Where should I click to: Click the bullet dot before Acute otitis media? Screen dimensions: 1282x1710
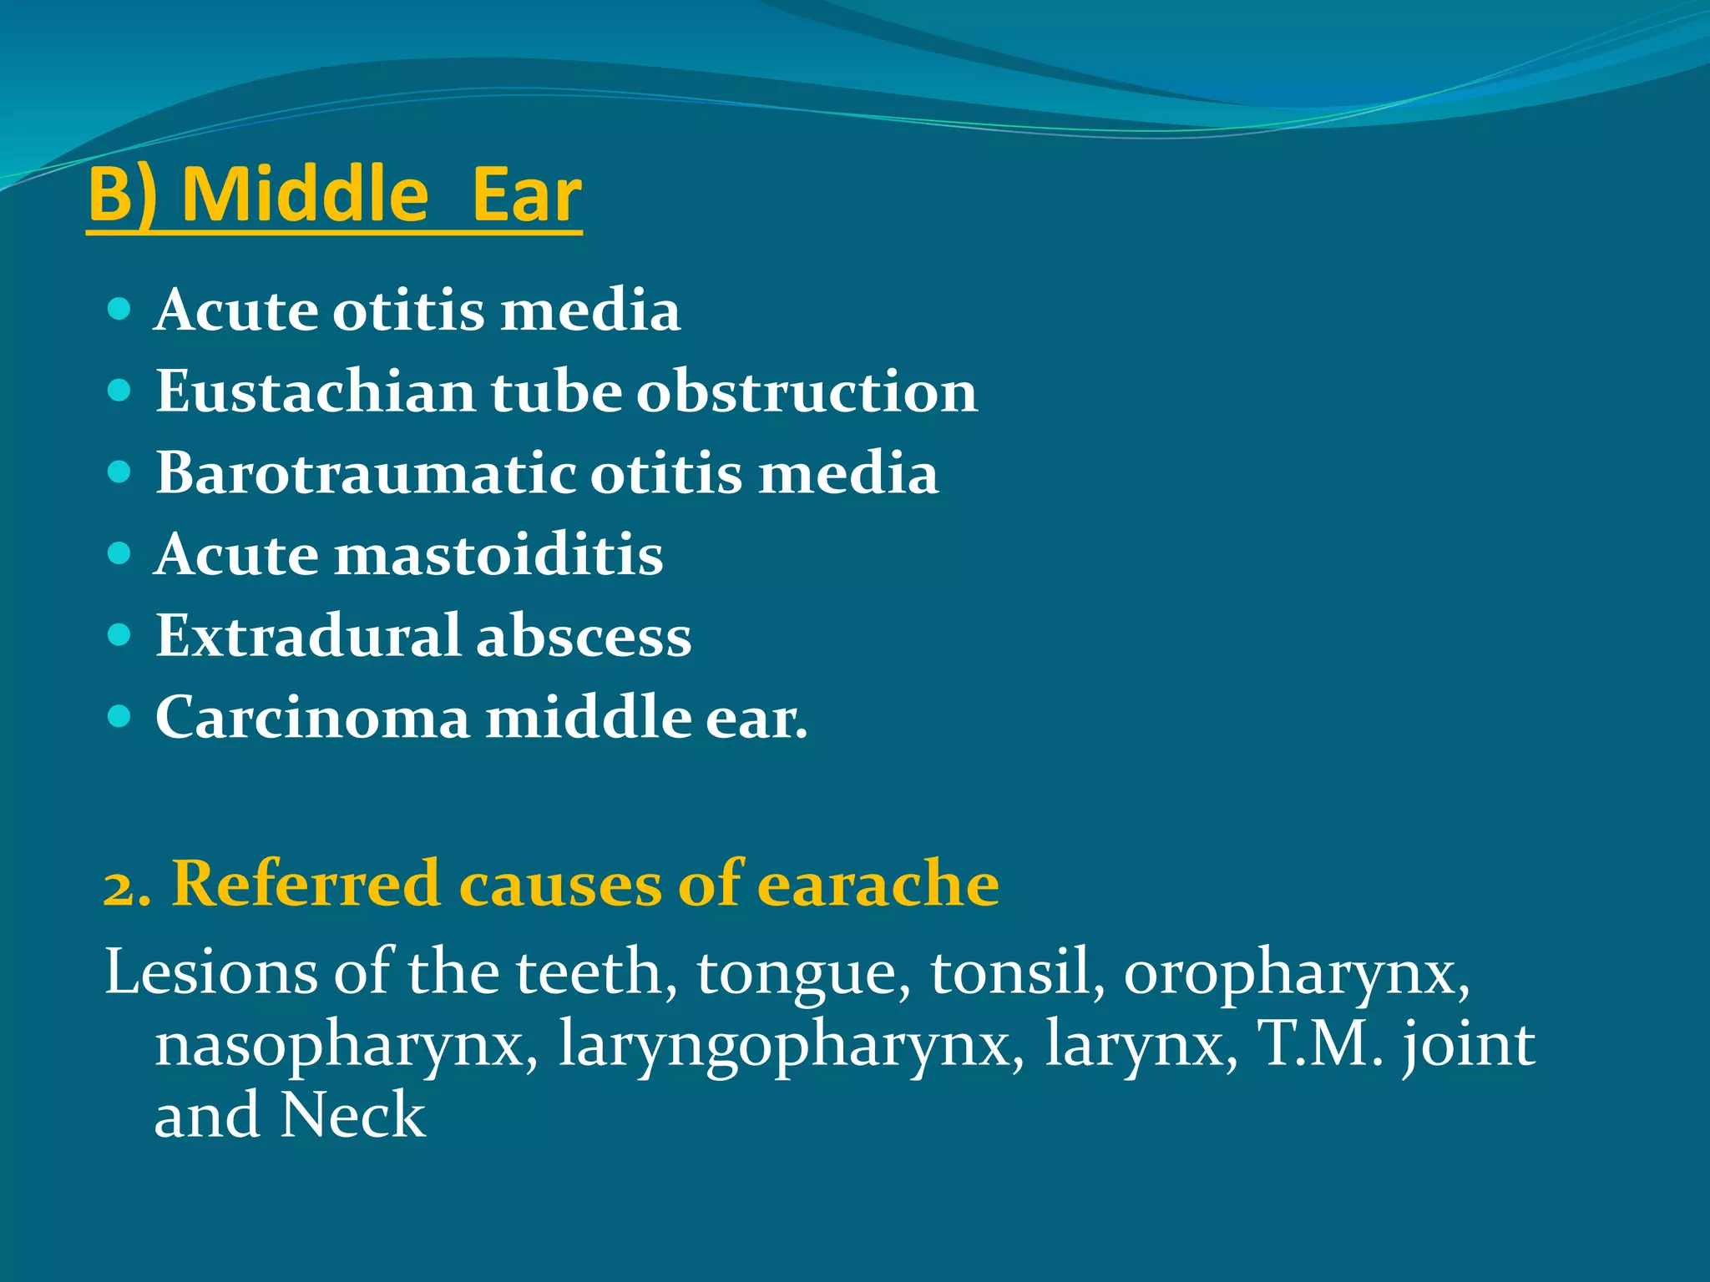[119, 310]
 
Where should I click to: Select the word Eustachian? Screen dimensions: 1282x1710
[315, 391]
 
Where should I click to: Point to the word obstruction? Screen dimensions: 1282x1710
[807, 391]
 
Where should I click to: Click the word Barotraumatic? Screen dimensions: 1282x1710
[365, 472]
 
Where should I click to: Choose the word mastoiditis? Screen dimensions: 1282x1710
[498, 554]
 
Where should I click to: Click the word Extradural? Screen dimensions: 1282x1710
[307, 636]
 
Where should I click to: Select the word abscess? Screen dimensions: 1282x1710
[584, 636]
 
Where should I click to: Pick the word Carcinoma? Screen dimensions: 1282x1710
[312, 718]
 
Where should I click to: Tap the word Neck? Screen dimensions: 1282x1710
[352, 1115]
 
